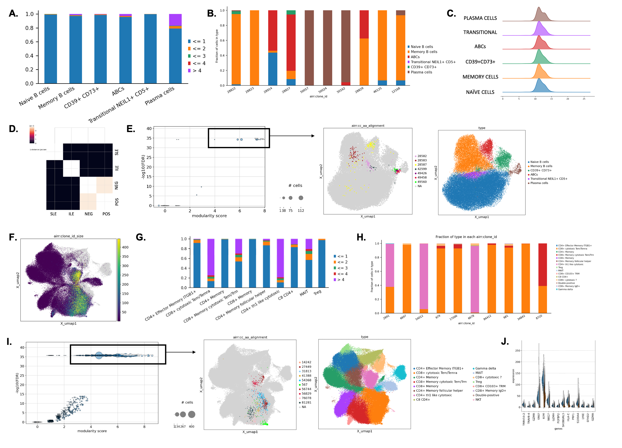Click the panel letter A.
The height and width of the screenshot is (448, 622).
click(x=13, y=13)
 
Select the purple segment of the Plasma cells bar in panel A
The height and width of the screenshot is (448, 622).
click(x=175, y=20)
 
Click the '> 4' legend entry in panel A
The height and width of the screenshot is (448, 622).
click(x=197, y=71)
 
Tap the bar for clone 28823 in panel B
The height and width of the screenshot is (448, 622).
click(x=254, y=48)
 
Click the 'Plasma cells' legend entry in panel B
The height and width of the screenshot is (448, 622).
click(x=421, y=72)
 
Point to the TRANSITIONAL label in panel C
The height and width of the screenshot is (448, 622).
click(x=480, y=32)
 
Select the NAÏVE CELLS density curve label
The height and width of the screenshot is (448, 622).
click(x=480, y=92)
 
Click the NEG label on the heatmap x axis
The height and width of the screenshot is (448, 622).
click(x=89, y=214)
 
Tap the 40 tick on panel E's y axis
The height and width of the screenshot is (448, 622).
click(x=149, y=129)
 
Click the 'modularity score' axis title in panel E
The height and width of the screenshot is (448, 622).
click(x=209, y=216)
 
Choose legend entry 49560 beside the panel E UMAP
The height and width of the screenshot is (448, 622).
click(x=422, y=182)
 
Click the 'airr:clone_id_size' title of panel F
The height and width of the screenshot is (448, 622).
click(x=68, y=236)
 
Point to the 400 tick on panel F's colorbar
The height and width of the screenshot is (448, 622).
click(x=125, y=248)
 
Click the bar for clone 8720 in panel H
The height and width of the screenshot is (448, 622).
click(x=542, y=278)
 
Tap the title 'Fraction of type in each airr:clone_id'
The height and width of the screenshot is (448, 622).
click(x=466, y=237)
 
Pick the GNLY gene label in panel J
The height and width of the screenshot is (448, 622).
click(x=539, y=416)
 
